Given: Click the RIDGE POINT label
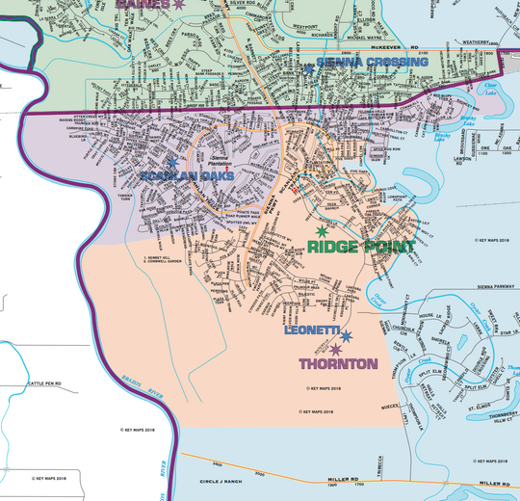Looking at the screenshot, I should [361, 247].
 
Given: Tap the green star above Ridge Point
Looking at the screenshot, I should [323, 231].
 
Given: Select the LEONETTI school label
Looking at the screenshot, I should [311, 330].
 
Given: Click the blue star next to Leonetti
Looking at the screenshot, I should [346, 335].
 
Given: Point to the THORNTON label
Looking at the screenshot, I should [337, 365].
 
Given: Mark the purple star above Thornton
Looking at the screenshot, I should [335, 349].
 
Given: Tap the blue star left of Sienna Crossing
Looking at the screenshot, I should [309, 65].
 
